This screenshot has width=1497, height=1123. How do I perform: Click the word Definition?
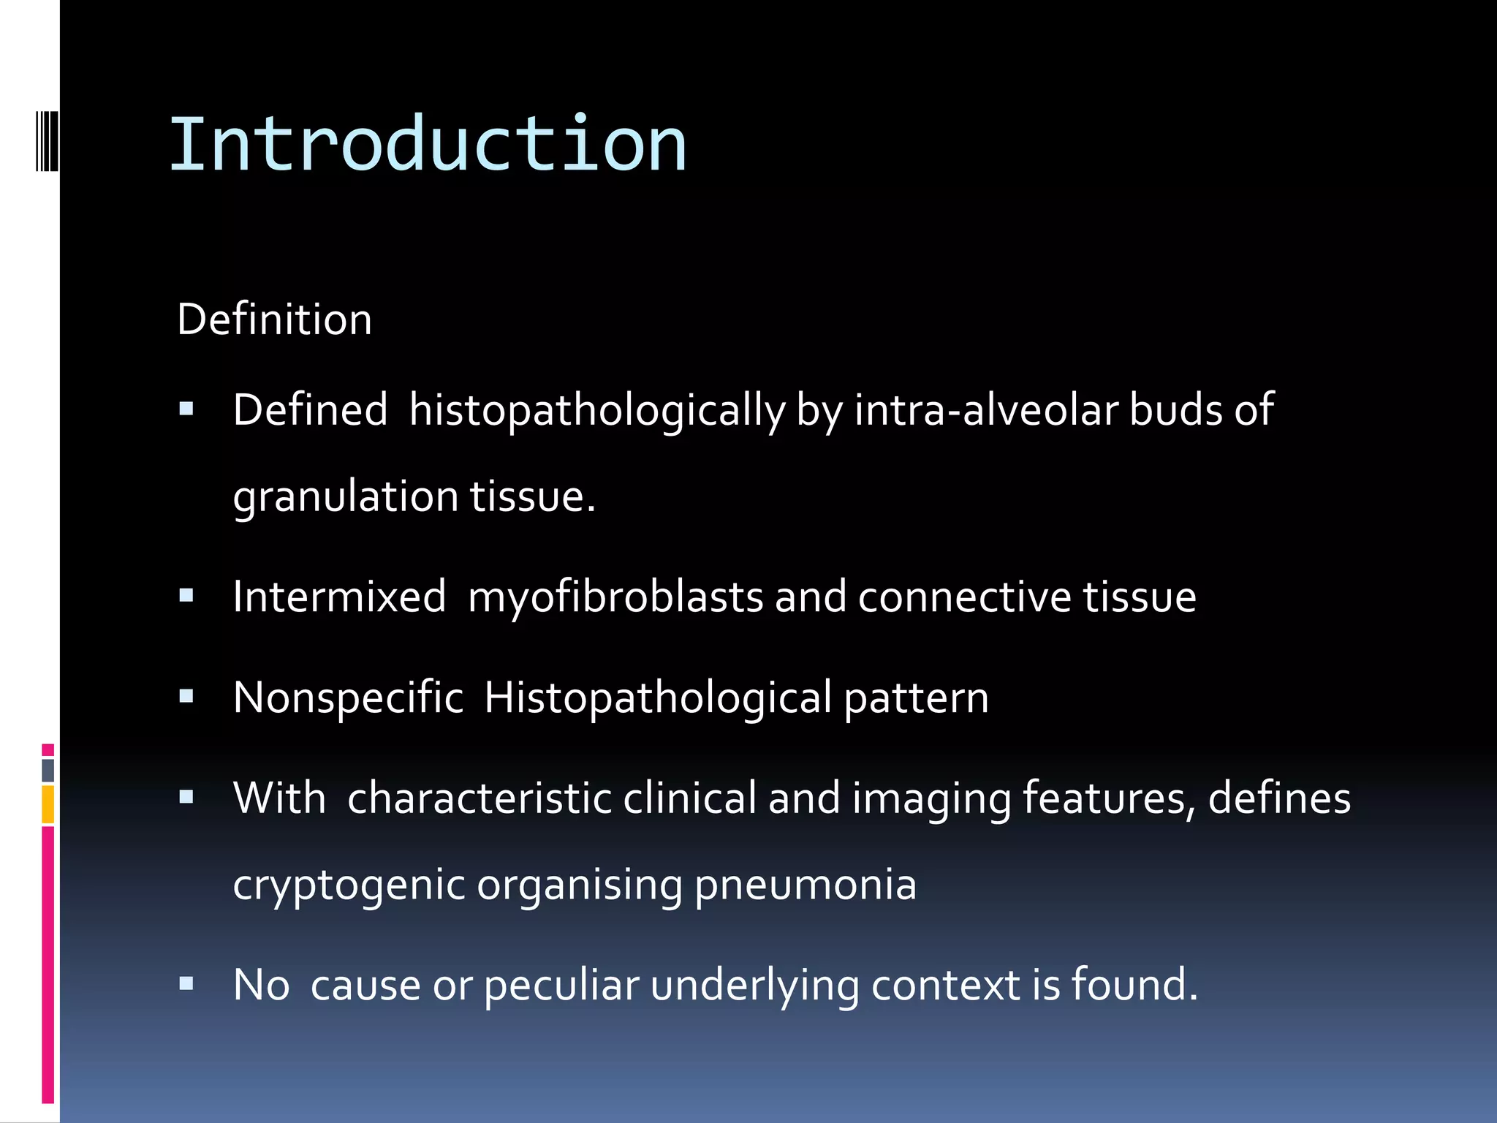coord(274,319)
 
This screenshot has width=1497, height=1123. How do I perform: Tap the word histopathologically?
coord(596,410)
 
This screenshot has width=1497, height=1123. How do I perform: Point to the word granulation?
coord(345,497)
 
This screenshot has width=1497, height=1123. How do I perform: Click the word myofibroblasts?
coord(615,597)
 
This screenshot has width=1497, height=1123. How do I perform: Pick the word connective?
coord(964,597)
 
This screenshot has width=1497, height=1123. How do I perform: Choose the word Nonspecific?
coord(348,697)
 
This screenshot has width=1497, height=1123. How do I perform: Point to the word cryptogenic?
coord(349,885)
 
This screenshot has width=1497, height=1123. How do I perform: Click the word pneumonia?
coord(805,885)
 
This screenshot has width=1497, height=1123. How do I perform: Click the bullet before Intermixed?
coord(186,597)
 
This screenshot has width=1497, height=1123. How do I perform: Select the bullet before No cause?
coord(186,984)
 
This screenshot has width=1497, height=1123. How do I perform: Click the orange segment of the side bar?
coord(48,804)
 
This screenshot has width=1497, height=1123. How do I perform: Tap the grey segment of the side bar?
coord(48,770)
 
